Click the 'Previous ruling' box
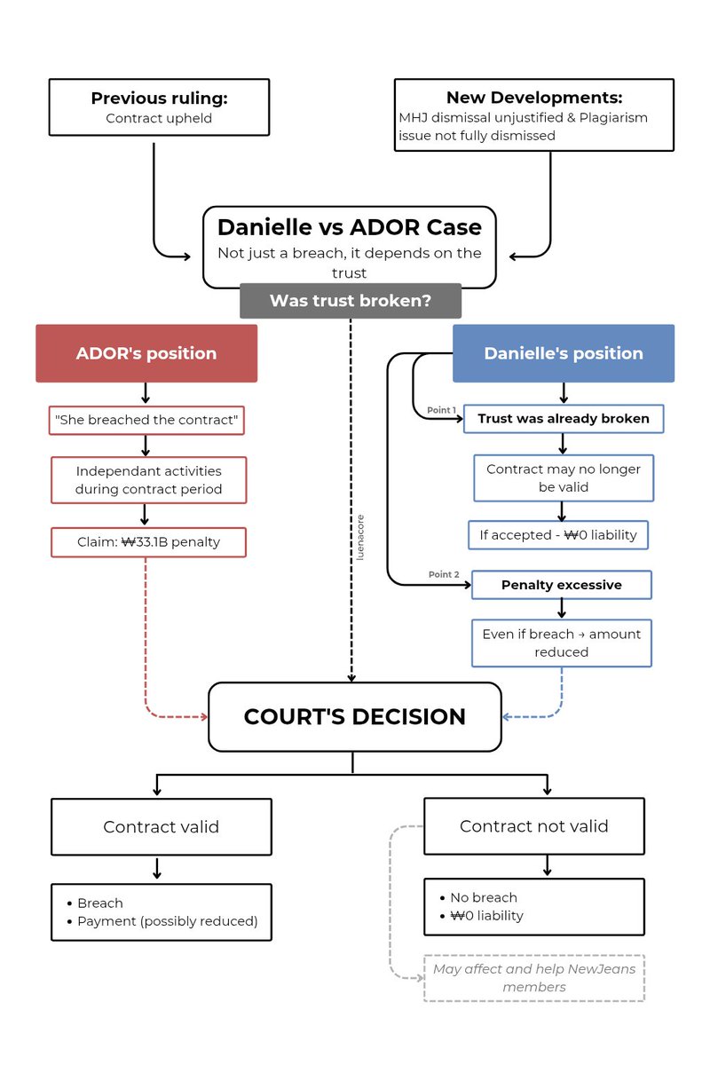tap(159, 107)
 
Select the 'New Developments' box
tap(534, 115)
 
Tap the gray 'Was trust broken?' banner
tap(351, 301)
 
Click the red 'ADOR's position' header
tap(146, 353)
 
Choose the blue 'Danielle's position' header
tap(564, 353)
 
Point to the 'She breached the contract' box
tap(146, 421)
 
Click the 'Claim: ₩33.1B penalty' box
tap(148, 542)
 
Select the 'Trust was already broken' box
tap(564, 418)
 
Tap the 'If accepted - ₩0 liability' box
tap(558, 535)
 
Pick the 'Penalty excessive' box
tap(562, 585)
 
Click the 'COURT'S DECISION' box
tap(355, 717)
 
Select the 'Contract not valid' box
tap(534, 826)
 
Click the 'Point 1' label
tap(441, 410)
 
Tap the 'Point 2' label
tap(444, 574)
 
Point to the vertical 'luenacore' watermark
tap(360, 537)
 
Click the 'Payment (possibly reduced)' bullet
tap(168, 921)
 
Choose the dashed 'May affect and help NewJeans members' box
tap(534, 978)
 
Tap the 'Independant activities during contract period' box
tap(148, 480)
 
